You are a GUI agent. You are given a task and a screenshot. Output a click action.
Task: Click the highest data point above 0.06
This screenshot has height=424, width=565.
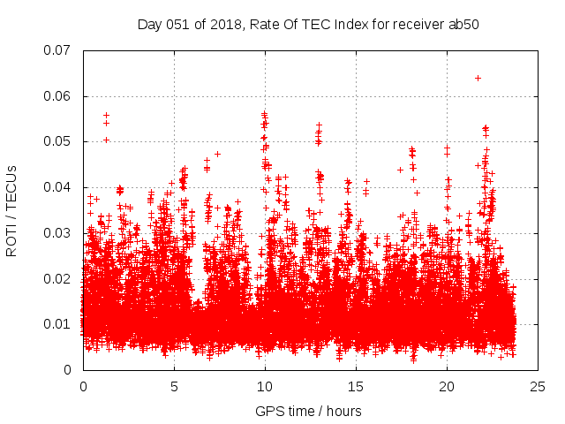tap(478, 78)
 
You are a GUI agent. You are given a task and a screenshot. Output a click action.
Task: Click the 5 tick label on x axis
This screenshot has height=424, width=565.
tap(174, 387)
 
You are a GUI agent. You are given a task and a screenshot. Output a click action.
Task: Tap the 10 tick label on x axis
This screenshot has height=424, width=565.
tap(265, 387)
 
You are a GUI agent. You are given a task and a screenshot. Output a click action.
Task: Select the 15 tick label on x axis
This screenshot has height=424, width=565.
tap(356, 387)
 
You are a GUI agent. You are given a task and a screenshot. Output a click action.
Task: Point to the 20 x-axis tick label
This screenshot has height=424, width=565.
tap(447, 387)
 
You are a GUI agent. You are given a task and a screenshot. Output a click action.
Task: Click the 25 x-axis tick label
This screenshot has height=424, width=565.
tap(538, 387)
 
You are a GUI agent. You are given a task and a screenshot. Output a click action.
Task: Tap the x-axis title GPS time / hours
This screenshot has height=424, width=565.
tap(308, 411)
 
